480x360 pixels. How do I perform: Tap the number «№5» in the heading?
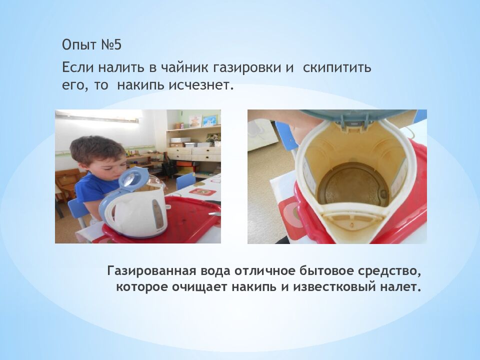coord(111,45)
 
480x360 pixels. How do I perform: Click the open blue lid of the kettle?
coord(132,179)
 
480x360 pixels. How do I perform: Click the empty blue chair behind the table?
coord(186,180)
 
